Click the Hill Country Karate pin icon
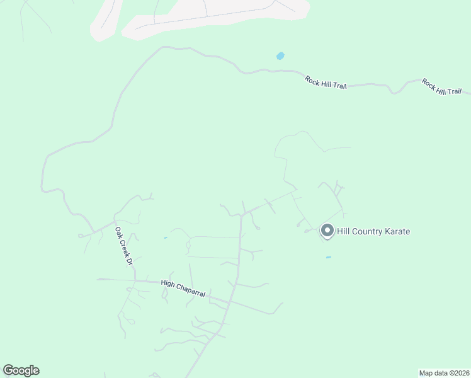click(327, 231)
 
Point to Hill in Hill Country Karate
click(344, 232)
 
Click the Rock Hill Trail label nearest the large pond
click(326, 83)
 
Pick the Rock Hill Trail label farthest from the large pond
click(441, 88)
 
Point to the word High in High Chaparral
click(167, 283)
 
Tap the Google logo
click(21, 370)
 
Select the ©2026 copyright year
click(458, 372)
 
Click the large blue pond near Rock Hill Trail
click(280, 56)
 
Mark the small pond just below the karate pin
click(329, 257)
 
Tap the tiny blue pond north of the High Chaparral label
click(166, 238)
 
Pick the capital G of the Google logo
click(8, 370)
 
